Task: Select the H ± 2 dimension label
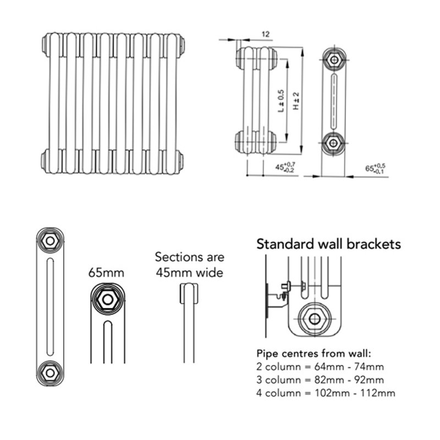295,101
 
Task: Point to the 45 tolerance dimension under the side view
285,167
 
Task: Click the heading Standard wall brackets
329,244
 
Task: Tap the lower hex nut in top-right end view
333,141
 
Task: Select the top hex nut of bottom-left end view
50,240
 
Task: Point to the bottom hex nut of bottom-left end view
50,372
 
